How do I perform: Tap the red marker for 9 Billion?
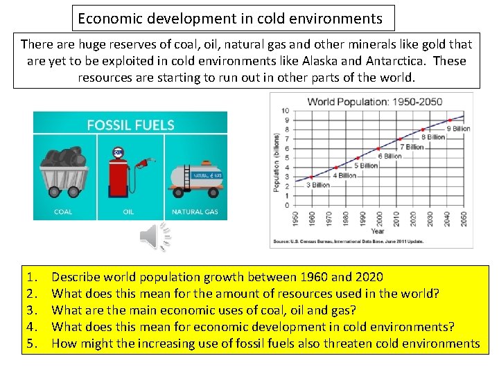tap(449, 121)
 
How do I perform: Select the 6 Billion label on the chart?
tap(389, 156)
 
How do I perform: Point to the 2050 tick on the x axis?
tap(463, 218)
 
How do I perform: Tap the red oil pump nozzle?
tap(143, 165)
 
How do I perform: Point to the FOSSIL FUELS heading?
tap(130, 125)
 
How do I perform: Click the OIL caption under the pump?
tap(128, 212)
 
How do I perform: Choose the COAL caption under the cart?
tap(63, 212)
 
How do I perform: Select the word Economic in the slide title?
tap(105, 19)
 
